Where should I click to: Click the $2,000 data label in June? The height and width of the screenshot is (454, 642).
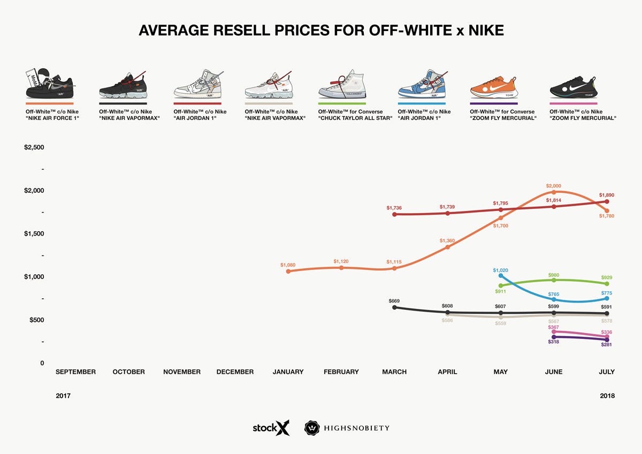[554, 186]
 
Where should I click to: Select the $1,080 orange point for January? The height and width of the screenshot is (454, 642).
[288, 271]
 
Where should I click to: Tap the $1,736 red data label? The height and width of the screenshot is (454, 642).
[394, 208]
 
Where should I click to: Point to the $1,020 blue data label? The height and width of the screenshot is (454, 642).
[500, 270]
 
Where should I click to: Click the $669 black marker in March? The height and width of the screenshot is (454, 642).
[394, 308]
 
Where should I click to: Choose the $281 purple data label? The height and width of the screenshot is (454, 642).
[606, 345]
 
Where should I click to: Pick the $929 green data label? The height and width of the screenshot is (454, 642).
[606, 277]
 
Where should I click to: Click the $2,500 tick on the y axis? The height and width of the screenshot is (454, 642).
[34, 147]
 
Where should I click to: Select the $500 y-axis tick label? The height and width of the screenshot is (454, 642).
[34, 320]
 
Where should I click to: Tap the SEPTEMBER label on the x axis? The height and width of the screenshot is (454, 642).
[75, 372]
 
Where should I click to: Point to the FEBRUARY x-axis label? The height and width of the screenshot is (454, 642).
[341, 372]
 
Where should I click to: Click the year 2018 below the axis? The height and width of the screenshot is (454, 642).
[607, 396]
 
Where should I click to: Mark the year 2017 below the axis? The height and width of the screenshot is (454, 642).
[63, 396]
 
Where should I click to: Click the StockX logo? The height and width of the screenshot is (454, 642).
[271, 428]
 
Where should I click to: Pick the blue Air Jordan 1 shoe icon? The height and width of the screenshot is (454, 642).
[421, 84]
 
